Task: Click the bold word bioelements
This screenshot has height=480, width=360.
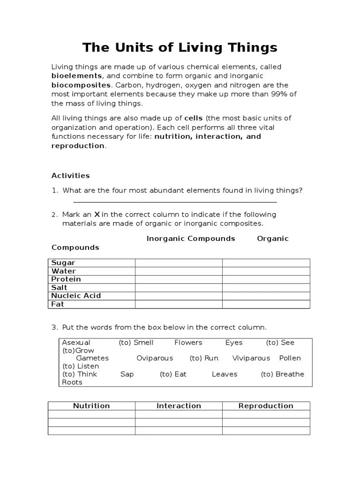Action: point(76,76)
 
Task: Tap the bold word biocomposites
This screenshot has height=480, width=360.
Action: point(81,85)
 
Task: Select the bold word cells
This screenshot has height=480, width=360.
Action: point(194,118)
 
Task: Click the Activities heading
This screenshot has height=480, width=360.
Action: point(70,176)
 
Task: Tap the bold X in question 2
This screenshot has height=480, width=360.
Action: point(97,215)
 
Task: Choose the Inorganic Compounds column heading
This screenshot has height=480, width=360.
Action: point(191,239)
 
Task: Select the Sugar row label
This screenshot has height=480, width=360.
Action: point(63,263)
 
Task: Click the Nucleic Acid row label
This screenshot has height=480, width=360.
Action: point(76,296)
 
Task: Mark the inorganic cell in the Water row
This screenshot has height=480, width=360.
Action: point(179,271)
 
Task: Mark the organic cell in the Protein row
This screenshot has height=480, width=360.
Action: point(266,279)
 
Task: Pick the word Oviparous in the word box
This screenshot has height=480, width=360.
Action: point(155,358)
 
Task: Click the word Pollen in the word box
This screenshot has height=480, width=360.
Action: point(290,358)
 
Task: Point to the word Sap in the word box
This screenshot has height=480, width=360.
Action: point(127,374)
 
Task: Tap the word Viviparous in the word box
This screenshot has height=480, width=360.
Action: point(251,358)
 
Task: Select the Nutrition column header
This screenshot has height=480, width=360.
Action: point(91,406)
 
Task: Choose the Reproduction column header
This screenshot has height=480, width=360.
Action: point(266,406)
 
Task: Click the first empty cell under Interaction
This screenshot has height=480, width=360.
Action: point(179,414)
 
